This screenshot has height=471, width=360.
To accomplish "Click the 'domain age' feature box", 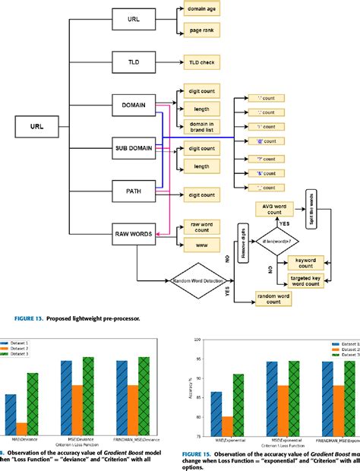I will point(201,11).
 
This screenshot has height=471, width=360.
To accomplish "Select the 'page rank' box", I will point(201,30).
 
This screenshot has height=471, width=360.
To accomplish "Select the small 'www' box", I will point(201,245).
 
